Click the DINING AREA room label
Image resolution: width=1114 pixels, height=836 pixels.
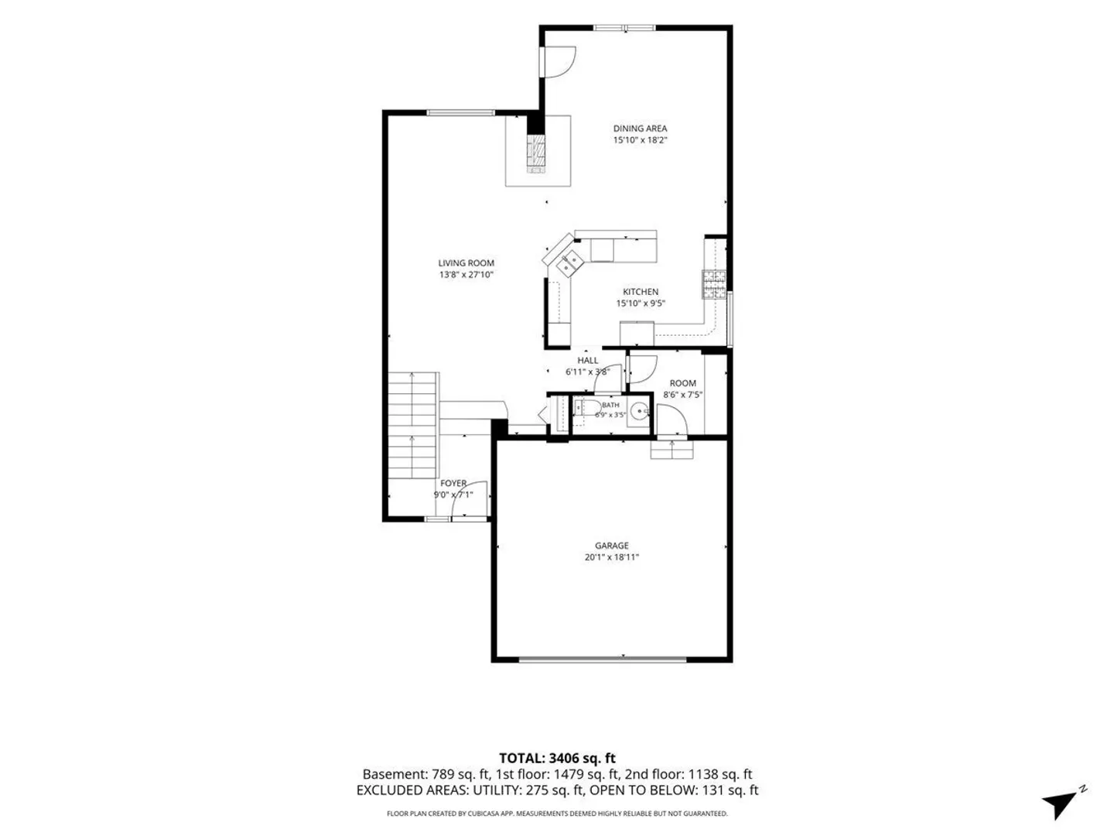point(640,128)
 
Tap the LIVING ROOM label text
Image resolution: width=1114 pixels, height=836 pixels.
point(466,263)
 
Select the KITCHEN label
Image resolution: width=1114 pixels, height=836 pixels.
point(641,292)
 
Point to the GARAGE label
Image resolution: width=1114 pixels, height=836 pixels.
point(612,546)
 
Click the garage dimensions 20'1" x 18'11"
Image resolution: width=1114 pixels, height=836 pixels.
point(612,557)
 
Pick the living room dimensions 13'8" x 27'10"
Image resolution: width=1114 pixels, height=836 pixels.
point(466,275)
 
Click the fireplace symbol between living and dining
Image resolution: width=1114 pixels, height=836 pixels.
point(536,154)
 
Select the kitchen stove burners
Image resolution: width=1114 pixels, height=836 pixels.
point(714,284)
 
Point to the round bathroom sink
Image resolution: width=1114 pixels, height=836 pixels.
point(640,410)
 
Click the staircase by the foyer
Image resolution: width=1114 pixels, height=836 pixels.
point(412,425)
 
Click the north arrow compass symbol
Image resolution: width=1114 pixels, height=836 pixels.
point(1063,803)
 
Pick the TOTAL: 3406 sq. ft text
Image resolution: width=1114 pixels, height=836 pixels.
point(557,758)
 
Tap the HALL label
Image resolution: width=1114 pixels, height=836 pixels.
point(587,361)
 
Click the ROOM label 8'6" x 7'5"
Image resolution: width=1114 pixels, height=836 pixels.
point(682,389)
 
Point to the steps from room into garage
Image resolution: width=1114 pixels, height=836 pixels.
point(672,450)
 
